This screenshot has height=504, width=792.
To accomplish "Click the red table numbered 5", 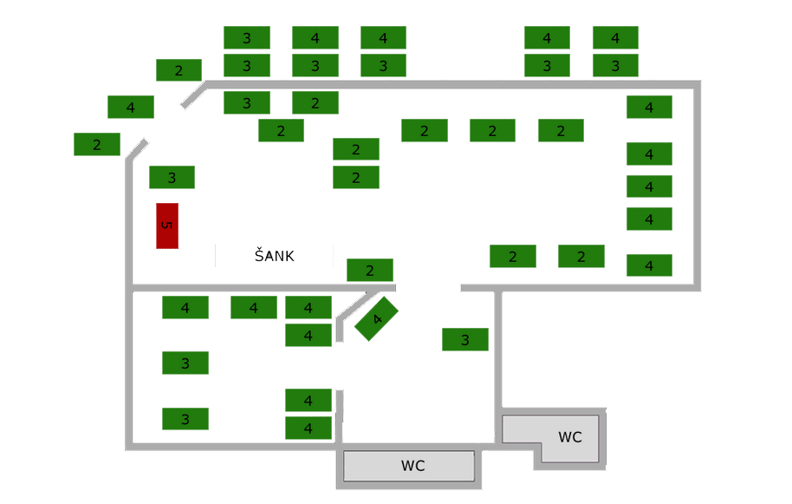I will coord(167,226).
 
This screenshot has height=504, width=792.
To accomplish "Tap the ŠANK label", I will coord(274,256).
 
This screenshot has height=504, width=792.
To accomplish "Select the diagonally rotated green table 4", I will coord(376,318).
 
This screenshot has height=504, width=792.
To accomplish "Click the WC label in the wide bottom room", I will coord(412,466).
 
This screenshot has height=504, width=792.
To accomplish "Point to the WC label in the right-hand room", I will coord(569,437).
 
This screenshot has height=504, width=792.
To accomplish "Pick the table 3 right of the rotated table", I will coord(464,340).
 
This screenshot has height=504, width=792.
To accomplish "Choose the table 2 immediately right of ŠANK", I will coord(369,271).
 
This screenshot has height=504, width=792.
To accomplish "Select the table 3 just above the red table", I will coord(172,178).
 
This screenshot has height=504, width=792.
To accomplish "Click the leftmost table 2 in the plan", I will coord(96,145).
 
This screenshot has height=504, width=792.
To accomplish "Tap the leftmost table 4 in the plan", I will coord(130,108).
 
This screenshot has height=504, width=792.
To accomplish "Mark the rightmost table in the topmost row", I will coord(615,38).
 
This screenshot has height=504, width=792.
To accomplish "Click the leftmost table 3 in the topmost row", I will coord(246,38).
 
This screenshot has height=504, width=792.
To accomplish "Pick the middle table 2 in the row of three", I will coord(492,131).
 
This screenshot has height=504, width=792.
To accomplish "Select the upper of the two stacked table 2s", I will coord(355,149).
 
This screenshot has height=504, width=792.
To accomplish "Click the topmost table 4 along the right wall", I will coord(649,108).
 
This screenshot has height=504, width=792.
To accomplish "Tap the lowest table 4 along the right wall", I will coord(649,265).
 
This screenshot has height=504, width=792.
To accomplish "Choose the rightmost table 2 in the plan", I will coord(581,257).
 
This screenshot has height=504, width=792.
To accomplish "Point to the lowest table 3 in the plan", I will coord(185,420).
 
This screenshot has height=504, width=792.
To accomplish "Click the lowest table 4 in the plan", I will coord(308,429).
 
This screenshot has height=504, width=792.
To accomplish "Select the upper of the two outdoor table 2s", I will coord(179,70).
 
